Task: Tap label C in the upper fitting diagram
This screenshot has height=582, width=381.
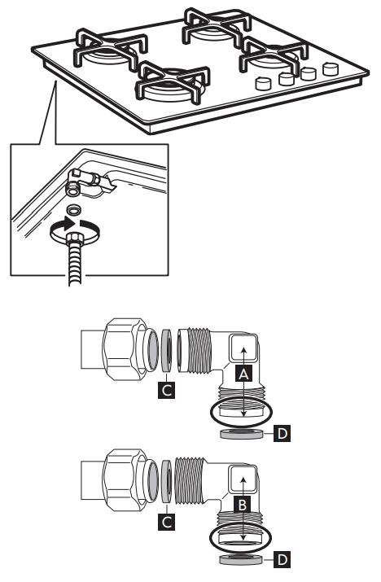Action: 166,390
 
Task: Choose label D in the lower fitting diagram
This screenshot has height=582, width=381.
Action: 282,560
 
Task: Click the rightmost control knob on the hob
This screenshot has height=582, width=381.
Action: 330,70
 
